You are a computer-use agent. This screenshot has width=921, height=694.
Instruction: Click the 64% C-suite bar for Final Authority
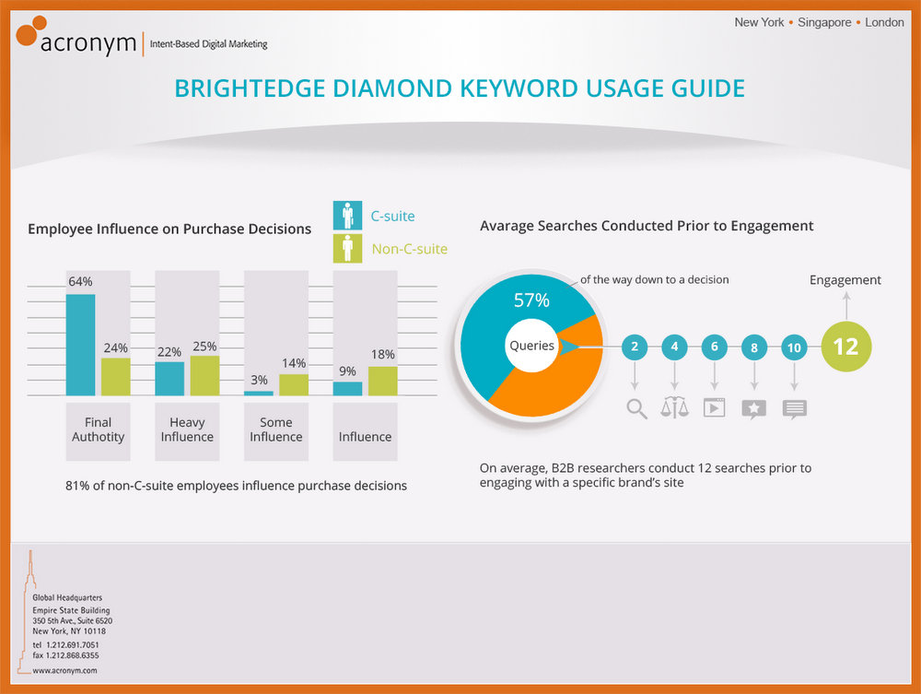tap(80, 345)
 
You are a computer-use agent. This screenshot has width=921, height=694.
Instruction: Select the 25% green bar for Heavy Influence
tap(205, 375)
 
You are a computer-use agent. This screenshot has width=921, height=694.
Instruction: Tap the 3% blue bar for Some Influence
tap(259, 394)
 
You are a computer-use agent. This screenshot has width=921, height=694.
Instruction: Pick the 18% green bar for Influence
tap(383, 381)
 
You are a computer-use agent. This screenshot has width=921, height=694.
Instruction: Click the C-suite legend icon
tap(348, 216)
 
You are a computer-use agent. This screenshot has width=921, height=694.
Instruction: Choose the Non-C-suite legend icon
tap(348, 249)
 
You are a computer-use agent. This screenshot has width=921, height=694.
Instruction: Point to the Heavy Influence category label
tap(187, 429)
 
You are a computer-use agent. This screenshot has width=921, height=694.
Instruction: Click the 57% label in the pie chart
tap(531, 300)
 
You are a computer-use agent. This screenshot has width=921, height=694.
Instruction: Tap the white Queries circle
tap(531, 346)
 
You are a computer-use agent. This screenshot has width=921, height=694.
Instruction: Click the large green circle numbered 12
tap(845, 347)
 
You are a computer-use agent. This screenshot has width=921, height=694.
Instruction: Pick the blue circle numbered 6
tap(715, 347)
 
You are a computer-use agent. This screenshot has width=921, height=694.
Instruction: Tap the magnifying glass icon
tap(636, 409)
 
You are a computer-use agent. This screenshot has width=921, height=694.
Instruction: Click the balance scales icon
tap(674, 407)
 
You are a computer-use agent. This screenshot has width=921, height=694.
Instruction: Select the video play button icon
tap(715, 407)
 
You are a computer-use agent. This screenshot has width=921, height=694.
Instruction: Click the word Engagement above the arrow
tap(845, 280)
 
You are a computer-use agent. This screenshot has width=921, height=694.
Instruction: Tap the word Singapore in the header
tap(824, 22)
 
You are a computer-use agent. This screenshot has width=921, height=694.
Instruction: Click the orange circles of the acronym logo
tap(30, 30)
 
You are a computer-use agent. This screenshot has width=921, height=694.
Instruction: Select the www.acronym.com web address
tap(64, 670)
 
